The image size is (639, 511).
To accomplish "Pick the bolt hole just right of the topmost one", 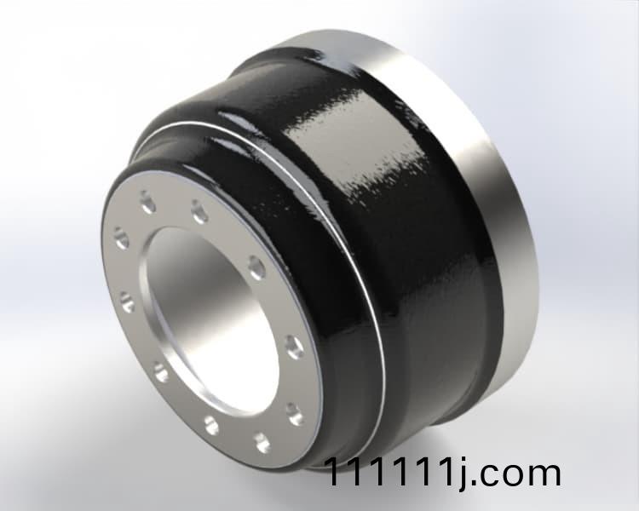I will pos(199,210).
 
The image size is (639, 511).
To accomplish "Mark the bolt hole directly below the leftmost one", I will pos(128,301).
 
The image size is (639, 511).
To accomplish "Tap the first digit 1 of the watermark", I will pos(337,474).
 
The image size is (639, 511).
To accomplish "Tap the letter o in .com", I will pos(512,476).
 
